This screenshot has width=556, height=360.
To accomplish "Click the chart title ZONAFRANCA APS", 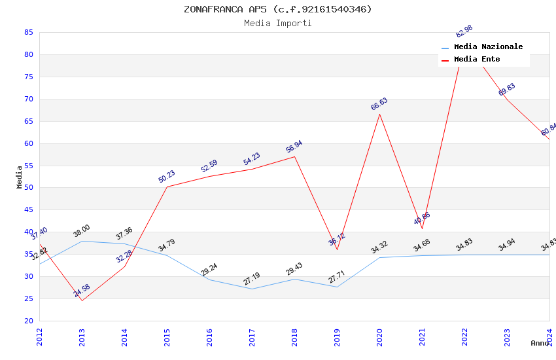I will coord(278,9).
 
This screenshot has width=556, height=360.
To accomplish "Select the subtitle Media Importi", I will coord(278,23).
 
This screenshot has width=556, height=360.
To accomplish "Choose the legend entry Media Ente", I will coord(477,60).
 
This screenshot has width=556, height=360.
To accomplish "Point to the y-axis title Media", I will coord(20,177).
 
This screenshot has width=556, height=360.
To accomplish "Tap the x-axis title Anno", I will coord(540,343).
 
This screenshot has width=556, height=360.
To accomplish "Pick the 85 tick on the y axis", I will coord(28,32).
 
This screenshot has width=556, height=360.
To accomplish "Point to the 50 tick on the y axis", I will coord(28,188).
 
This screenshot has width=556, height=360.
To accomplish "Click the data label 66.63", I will coord(379,104).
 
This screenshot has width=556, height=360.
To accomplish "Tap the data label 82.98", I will coord(464,31).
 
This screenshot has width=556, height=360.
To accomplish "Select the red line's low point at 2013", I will coord(82,300).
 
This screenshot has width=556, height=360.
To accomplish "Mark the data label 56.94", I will coord(294,147).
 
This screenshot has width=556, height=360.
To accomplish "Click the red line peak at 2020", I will coord(379,114).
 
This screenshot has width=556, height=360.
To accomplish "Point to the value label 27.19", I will coord(252,279).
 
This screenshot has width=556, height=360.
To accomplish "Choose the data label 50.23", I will coord(167,177).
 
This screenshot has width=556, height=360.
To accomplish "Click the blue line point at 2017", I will coord(252,289).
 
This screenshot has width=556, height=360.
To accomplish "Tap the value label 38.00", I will coord(82,231).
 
